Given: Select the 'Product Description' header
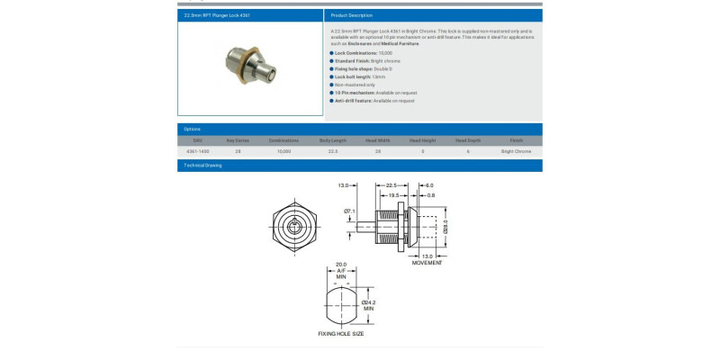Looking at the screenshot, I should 351,15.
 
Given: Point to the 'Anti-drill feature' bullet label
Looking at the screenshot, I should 354,101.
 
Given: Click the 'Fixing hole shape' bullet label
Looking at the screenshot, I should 353,68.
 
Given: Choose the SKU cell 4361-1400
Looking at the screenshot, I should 197,151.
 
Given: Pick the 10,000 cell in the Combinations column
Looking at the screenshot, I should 283,151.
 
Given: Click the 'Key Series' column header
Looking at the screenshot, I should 238,140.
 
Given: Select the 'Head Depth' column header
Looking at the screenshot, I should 468,140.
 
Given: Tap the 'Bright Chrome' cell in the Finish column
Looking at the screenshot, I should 516,151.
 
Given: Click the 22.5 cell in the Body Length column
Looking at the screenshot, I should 333,151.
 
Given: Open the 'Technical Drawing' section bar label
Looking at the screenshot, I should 202,166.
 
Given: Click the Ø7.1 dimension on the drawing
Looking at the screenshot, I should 350,211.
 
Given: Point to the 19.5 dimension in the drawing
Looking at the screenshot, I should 393,194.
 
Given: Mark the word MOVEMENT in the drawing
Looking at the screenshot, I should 427,263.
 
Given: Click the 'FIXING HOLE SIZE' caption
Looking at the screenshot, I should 341,333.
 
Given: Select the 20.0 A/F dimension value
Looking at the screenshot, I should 341,264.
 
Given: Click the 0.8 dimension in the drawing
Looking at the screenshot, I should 431,194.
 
